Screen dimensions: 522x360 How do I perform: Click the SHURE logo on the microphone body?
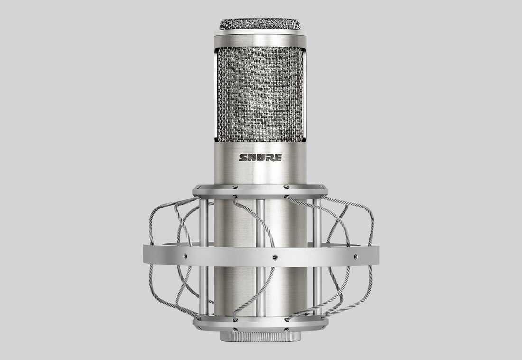point(261,158)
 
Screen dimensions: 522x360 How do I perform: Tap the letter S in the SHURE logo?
point(243,158)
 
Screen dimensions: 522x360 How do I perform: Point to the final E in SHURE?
point(278,158)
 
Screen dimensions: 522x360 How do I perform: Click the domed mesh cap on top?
point(260,24)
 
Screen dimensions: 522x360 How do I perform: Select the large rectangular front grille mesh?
point(261,95)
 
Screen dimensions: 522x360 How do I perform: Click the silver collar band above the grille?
point(261,40)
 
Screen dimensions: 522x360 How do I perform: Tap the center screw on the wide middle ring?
point(275,257)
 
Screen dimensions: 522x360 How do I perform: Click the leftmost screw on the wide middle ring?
point(185,256)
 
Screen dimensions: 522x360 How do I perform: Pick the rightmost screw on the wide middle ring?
point(355,256)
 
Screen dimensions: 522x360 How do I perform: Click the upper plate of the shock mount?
point(261,190)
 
